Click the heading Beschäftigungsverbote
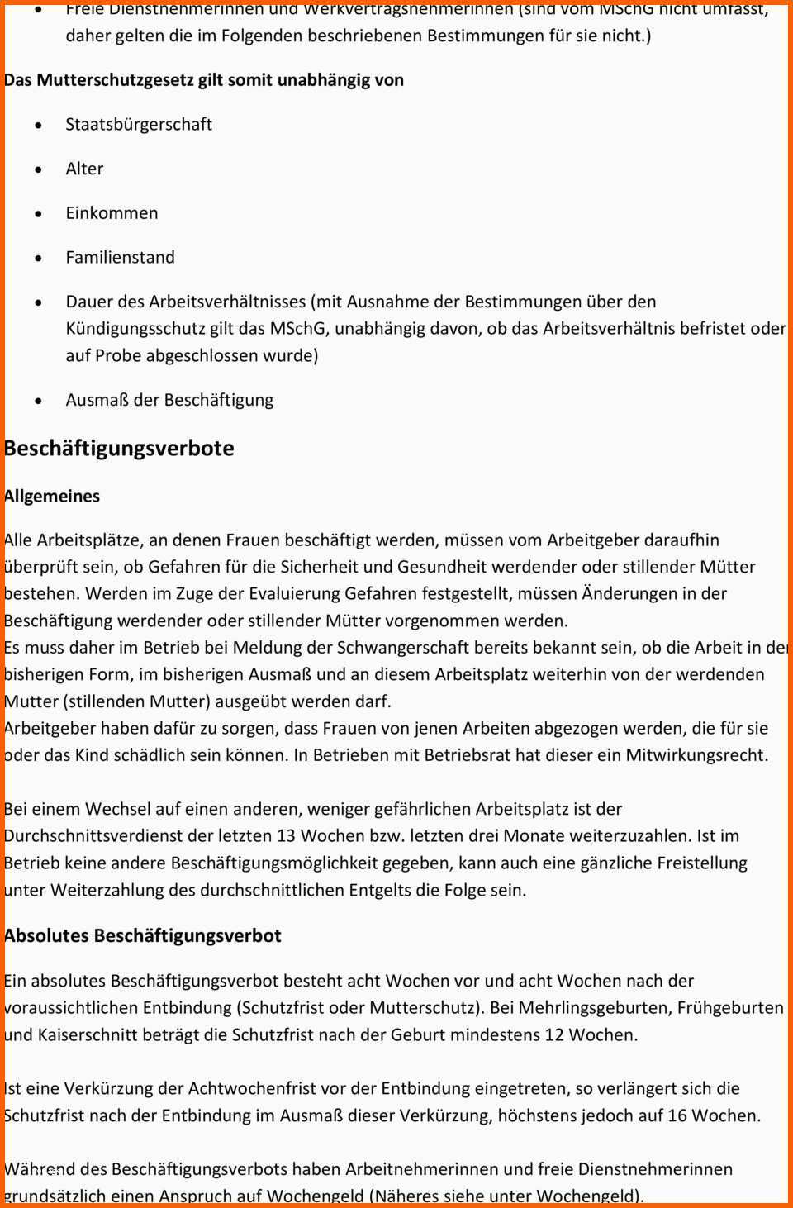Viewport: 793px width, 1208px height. pos(120,449)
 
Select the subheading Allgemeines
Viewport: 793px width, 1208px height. pos(53,496)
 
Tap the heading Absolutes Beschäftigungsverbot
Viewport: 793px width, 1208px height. pos(143,935)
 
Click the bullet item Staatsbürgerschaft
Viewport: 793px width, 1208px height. pos(139,124)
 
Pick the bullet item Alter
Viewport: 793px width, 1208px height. pos(84,169)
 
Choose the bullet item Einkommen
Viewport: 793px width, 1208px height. pos(112,212)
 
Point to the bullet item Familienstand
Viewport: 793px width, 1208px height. pos(121,257)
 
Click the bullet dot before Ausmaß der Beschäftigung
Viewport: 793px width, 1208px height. pos(38,401)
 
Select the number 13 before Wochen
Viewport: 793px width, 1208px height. pos(286,835)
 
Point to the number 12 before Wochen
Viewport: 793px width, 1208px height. pos(554,1034)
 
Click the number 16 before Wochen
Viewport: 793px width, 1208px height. pos(677,1115)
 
